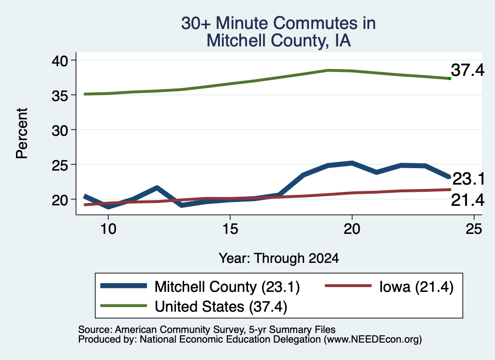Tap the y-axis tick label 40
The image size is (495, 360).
[x=59, y=60]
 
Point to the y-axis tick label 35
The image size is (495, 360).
[x=59, y=95]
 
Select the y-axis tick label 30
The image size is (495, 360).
[x=59, y=130]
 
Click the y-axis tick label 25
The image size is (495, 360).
[x=59, y=165]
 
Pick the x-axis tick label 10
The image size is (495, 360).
[x=108, y=229]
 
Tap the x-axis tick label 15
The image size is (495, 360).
[x=230, y=229]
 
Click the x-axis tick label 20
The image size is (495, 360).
[x=352, y=229]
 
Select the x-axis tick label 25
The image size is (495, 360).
[x=474, y=229]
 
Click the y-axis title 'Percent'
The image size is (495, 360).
[x=22, y=133]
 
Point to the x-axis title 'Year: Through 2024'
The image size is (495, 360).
[x=279, y=258]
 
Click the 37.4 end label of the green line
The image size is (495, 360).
[x=467, y=70]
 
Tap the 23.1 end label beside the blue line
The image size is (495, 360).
[x=469, y=179]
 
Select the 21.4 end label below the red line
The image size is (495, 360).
[x=467, y=200]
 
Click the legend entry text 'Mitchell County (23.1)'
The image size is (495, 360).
[x=227, y=287]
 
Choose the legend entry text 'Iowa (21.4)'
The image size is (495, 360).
[x=416, y=287]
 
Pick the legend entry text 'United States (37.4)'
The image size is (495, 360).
[x=221, y=306]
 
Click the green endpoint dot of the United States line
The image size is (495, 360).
[x=450, y=78]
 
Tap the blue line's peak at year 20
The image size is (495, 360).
[x=352, y=163]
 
